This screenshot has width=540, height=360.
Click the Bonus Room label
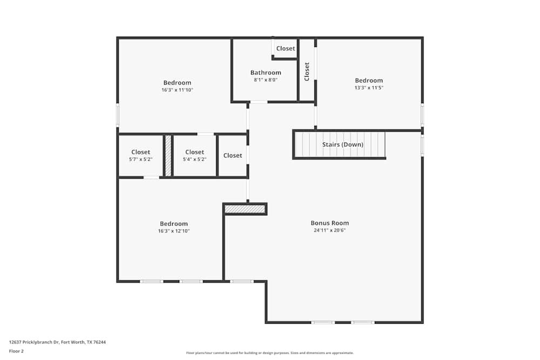(x=329, y=223)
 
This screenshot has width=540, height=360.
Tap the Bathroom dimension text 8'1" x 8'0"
(x=266, y=80)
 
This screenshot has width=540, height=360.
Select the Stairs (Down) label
(x=343, y=145)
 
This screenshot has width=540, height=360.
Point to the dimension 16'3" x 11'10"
(x=177, y=90)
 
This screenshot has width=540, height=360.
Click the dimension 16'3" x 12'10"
(x=174, y=232)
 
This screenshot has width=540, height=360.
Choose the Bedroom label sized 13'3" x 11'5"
(x=369, y=80)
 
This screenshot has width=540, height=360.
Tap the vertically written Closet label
(x=307, y=72)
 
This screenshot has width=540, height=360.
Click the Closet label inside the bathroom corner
(x=286, y=49)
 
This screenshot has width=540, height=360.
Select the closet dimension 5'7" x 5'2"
(x=141, y=159)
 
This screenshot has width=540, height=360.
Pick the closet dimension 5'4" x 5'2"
(x=194, y=159)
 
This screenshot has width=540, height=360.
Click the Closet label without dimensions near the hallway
(x=232, y=155)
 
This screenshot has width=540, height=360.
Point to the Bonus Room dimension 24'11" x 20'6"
(x=329, y=230)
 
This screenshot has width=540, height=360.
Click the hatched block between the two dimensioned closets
(x=168, y=155)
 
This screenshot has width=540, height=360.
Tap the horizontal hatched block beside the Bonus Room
(x=245, y=209)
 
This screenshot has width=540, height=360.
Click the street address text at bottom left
(x=58, y=342)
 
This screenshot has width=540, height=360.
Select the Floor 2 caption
(x=16, y=351)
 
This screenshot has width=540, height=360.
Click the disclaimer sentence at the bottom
(x=269, y=353)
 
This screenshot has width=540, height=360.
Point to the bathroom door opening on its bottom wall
(x=259, y=102)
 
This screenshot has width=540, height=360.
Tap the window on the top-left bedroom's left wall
(x=117, y=115)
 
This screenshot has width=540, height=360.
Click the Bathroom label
(x=266, y=73)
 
